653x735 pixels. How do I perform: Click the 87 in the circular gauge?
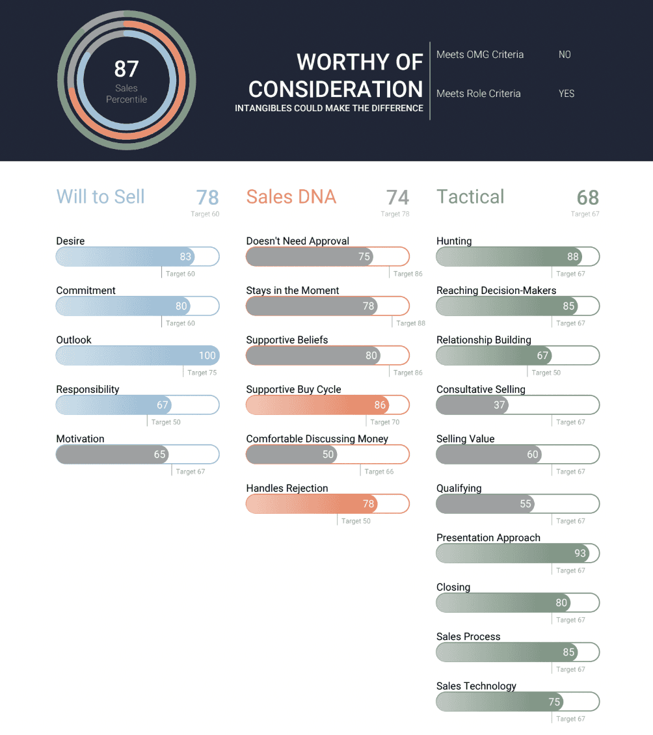pyautogui.click(x=126, y=69)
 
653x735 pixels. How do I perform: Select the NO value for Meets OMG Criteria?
pyautogui.click(x=565, y=55)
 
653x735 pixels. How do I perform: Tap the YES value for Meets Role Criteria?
pyautogui.click(x=566, y=94)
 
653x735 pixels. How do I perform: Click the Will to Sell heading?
pyautogui.click(x=101, y=196)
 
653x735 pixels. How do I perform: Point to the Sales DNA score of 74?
pyautogui.click(x=397, y=197)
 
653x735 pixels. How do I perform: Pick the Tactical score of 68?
pyautogui.click(x=587, y=197)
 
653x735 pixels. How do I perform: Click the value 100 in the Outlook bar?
pyautogui.click(x=207, y=356)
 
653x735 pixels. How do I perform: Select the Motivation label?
pyautogui.click(x=80, y=439)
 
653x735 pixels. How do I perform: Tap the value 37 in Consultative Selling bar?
pyautogui.click(x=499, y=405)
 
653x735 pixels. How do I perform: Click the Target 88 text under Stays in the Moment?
pyautogui.click(x=410, y=323)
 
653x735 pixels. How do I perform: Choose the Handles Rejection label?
pyautogui.click(x=287, y=488)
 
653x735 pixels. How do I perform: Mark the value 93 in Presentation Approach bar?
pyautogui.click(x=580, y=554)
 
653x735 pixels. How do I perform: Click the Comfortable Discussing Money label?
pyautogui.click(x=317, y=439)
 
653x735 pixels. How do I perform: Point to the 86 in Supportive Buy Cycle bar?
pyautogui.click(x=380, y=405)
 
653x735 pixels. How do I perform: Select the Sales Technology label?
pyautogui.click(x=476, y=686)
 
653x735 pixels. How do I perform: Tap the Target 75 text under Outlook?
pyautogui.click(x=202, y=373)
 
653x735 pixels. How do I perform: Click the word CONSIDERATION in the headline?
pyautogui.click(x=336, y=89)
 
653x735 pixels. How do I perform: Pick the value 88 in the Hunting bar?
pyautogui.click(x=572, y=257)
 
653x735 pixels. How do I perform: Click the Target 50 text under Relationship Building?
pyautogui.click(x=546, y=373)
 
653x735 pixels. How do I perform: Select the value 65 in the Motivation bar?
pyautogui.click(x=159, y=455)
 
